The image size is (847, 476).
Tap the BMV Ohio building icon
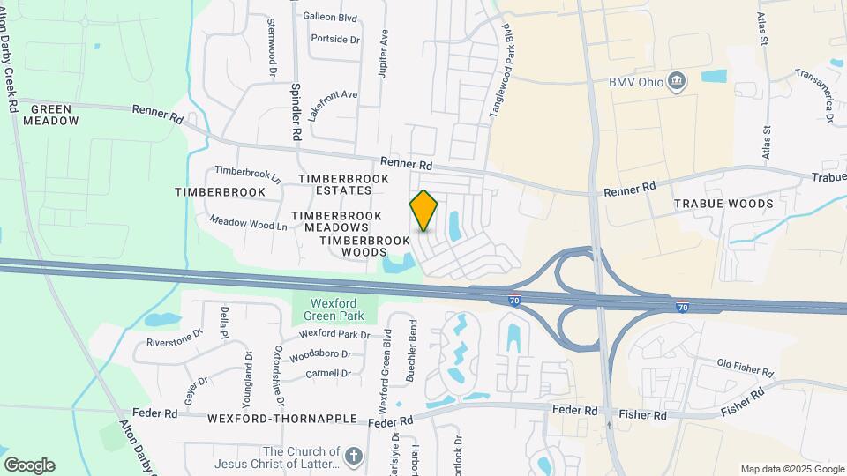point(677,82)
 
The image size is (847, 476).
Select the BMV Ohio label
point(635,82)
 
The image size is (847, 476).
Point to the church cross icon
point(353,456)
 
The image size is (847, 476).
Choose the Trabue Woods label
point(723,204)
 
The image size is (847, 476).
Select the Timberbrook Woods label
point(364,246)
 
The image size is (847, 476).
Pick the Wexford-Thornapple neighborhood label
point(282,419)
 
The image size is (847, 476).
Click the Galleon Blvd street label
point(330,17)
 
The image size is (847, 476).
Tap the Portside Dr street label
point(335,40)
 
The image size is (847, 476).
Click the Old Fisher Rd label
point(746,366)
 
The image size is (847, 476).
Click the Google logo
point(29,465)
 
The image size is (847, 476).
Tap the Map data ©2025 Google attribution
point(791,469)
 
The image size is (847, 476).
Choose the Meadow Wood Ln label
point(249,225)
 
